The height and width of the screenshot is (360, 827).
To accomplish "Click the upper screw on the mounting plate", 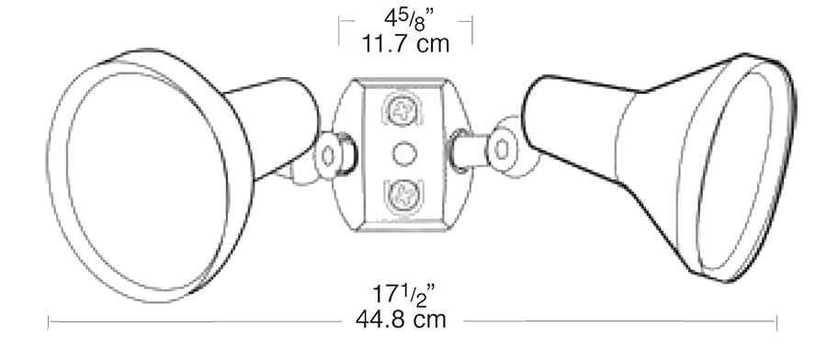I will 402,109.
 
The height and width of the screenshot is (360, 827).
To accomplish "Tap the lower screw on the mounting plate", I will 402,193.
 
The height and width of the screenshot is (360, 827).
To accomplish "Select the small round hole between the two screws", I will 402,151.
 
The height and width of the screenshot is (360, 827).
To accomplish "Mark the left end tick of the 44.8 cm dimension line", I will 49,321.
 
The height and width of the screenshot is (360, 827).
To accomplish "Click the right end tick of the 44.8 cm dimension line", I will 778,321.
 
